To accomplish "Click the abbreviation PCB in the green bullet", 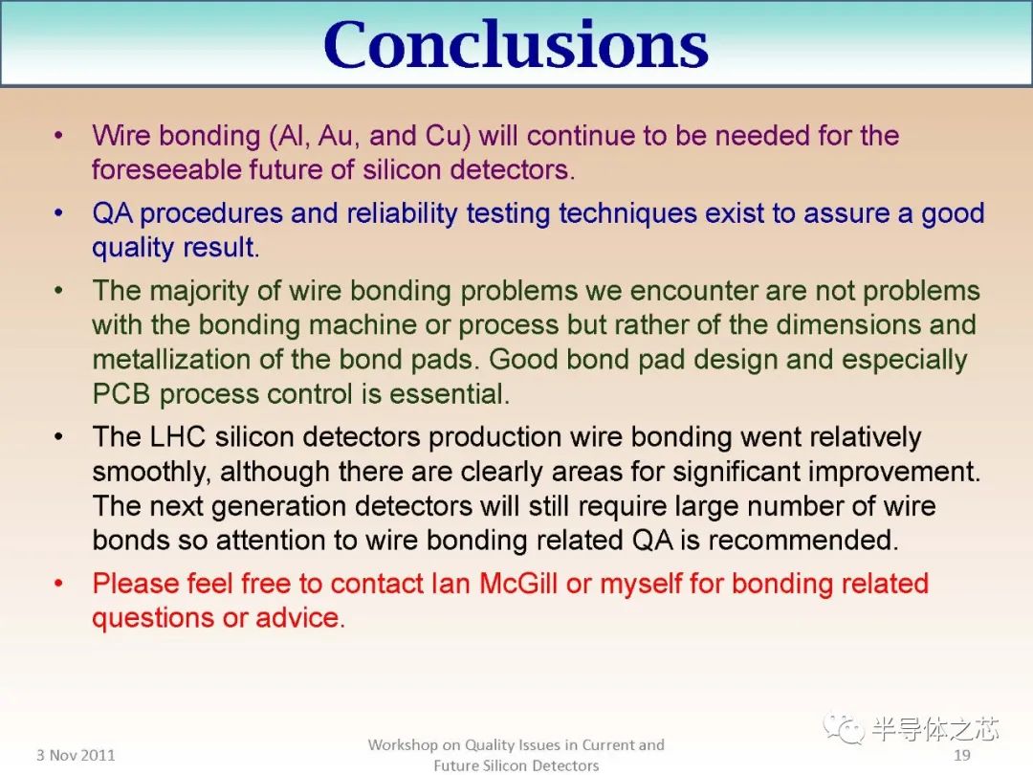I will tap(121, 394).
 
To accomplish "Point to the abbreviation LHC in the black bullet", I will tap(179, 437).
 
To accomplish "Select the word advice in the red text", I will tap(299, 618).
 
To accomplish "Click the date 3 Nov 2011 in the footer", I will tap(76, 755).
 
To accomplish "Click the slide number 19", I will tap(962, 755).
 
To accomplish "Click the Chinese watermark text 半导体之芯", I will tap(934, 729).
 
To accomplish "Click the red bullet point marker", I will tap(60, 584).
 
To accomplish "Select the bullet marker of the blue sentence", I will tap(60, 213).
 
